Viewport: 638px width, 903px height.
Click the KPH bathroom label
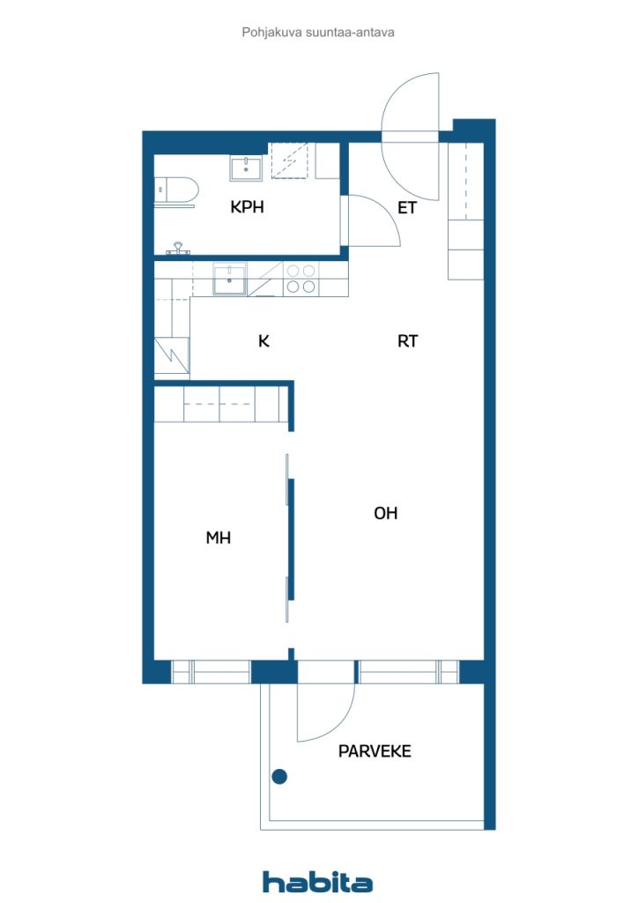tap(247, 206)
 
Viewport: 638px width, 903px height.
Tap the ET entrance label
tap(407, 207)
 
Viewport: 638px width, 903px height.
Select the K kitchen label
tap(263, 341)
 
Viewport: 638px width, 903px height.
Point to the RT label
tap(407, 341)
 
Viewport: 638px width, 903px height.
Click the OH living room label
tap(385, 512)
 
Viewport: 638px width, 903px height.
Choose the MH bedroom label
tap(218, 537)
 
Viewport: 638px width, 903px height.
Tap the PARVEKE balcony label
tap(375, 751)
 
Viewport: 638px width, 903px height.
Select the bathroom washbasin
tap(246, 168)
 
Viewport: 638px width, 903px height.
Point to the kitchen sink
tap(229, 279)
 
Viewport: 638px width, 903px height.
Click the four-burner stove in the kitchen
tap(300, 279)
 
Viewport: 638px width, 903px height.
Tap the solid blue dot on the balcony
tap(279, 777)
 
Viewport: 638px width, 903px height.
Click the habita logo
tap(317, 882)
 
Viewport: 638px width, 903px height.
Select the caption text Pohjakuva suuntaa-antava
tap(318, 33)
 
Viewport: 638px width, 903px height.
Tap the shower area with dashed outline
tap(290, 160)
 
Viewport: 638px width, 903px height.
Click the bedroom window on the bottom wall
tap(211, 671)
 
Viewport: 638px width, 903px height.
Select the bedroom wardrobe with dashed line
tap(221, 404)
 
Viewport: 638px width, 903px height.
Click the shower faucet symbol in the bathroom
tap(179, 248)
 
